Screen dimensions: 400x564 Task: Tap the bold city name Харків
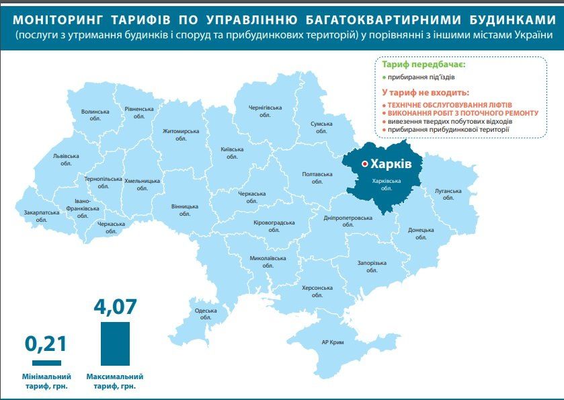coord(391,163)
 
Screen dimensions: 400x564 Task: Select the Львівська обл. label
coord(66,159)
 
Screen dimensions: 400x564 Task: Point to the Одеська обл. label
coord(206,315)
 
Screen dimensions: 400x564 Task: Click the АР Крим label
coord(333,342)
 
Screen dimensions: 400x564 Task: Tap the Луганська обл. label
coord(448,195)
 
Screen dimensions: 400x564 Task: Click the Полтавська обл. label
coord(317,178)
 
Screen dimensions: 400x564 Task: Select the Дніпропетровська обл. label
coord(348,221)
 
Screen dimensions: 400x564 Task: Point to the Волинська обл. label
coord(95,115)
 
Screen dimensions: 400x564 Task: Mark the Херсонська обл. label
coord(317,291)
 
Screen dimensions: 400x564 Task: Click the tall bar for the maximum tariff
coord(115,343)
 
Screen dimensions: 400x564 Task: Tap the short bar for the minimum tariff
coord(46,362)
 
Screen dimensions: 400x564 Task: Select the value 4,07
coord(115,307)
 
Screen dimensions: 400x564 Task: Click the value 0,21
coord(46,344)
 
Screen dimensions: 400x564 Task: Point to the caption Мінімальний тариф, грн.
coord(46,381)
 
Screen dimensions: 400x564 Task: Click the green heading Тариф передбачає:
coord(424,65)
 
